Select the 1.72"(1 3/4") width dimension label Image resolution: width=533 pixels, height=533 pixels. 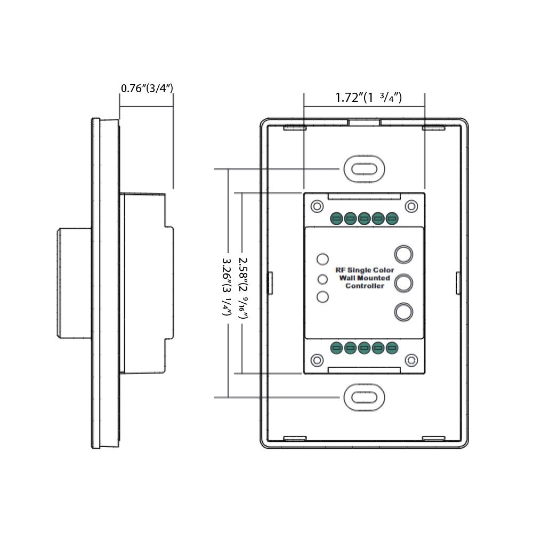tap(368, 98)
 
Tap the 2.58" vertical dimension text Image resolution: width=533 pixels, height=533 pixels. tap(244, 288)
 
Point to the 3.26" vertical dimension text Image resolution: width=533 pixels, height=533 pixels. tap(226, 288)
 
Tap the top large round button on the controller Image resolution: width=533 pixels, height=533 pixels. tap(403, 254)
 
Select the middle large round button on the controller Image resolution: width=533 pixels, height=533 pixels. tap(403, 283)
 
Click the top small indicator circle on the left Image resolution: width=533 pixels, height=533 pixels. tap(322, 260)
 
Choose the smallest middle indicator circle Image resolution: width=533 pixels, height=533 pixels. tap(322, 279)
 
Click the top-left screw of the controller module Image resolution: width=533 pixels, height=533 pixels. tap(317, 206)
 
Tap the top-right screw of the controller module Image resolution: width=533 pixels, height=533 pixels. tap(410, 206)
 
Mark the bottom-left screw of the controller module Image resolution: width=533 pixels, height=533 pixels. tap(317, 360)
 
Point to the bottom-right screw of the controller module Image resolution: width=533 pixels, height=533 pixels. tap(410, 360)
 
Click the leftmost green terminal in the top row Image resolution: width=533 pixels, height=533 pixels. tap(336, 219)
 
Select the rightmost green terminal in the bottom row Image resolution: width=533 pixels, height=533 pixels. tap(392, 349)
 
